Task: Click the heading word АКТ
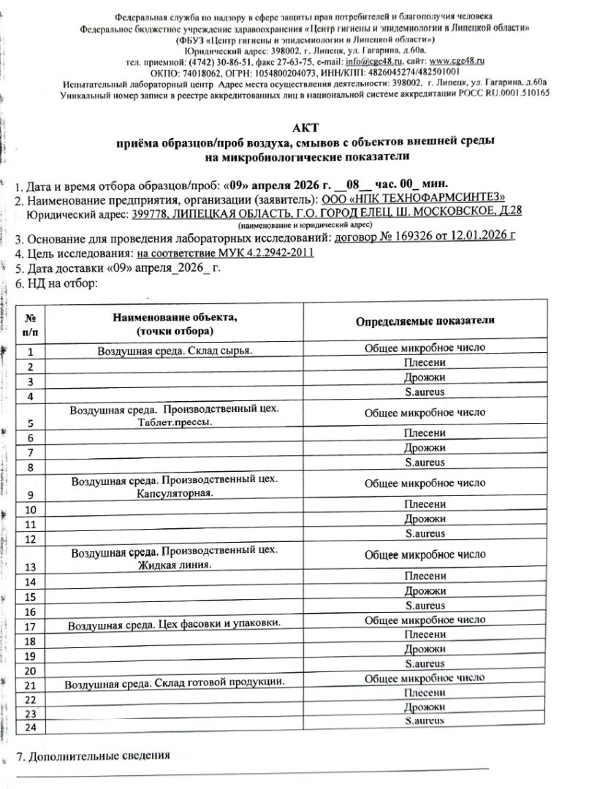[x=295, y=127]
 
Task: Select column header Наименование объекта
[x=175, y=317]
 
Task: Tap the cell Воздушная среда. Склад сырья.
[x=175, y=351]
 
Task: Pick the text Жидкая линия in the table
[x=175, y=565]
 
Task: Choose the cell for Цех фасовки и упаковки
[x=175, y=625]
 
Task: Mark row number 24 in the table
[x=31, y=728]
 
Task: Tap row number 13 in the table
[x=31, y=567]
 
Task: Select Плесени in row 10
[x=425, y=504]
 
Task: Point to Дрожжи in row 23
[x=425, y=706]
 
